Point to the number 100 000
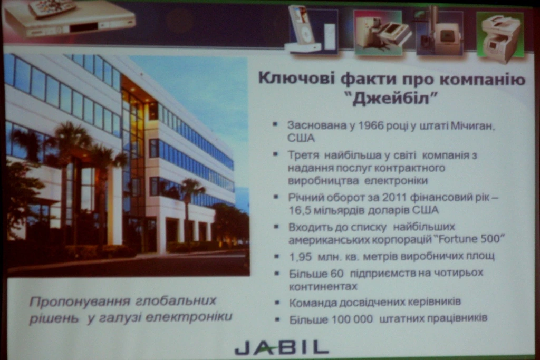click(352, 319)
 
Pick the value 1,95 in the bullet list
click(300, 257)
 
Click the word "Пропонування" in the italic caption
click(80, 301)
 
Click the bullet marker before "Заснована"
click(275, 124)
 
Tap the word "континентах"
click(323, 287)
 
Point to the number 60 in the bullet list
click(337, 274)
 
